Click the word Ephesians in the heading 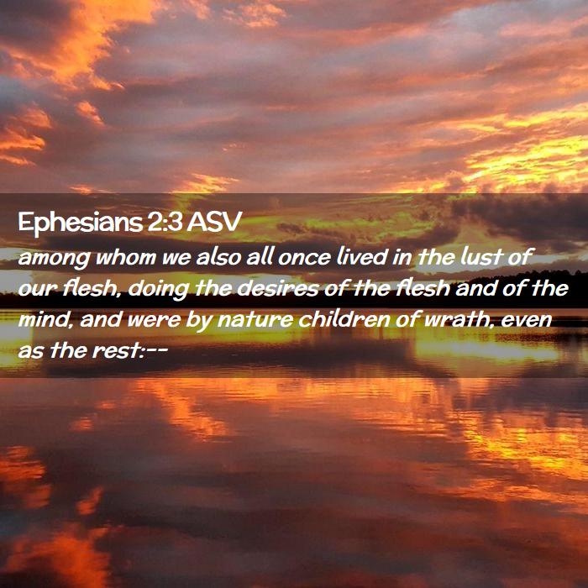click(x=81, y=223)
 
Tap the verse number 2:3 click(x=165, y=222)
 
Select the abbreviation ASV click(x=214, y=222)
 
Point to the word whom click(x=126, y=256)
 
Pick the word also click(x=218, y=256)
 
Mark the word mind click(x=45, y=319)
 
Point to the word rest click(x=116, y=352)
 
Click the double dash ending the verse click(x=157, y=352)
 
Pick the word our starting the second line click(x=38, y=290)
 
